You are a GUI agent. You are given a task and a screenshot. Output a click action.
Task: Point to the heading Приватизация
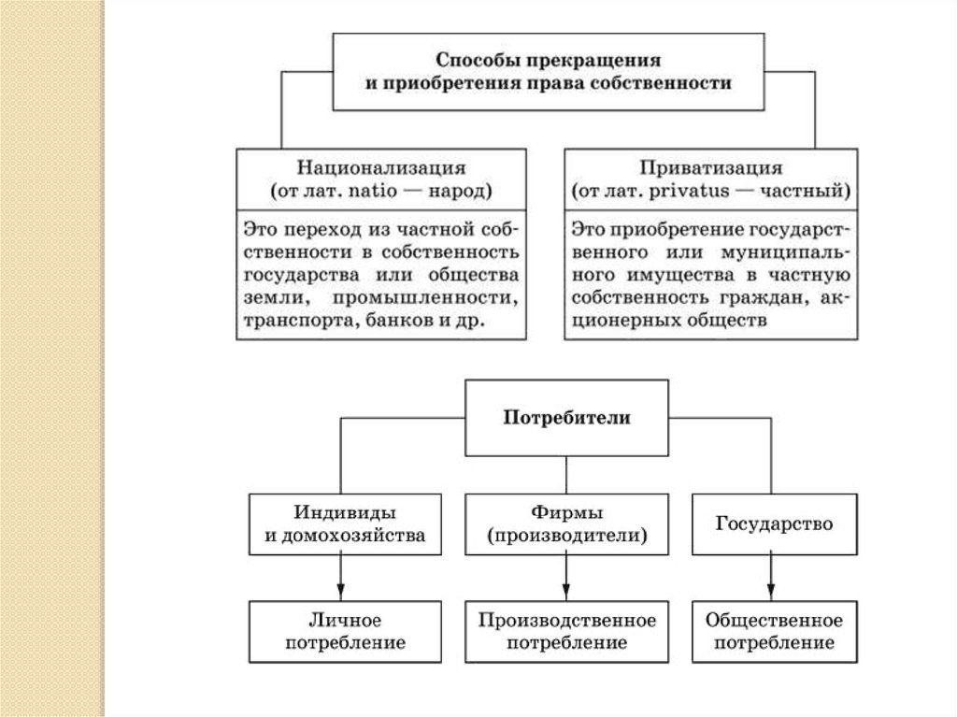[710, 169]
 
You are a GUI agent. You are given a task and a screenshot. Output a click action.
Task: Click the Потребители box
[566, 417]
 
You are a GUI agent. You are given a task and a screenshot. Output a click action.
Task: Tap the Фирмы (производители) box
[566, 523]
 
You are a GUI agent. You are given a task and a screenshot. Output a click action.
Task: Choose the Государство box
[774, 523]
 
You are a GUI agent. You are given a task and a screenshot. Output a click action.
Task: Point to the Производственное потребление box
[566, 631]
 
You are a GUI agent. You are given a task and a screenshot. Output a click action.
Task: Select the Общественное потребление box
[774, 631]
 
